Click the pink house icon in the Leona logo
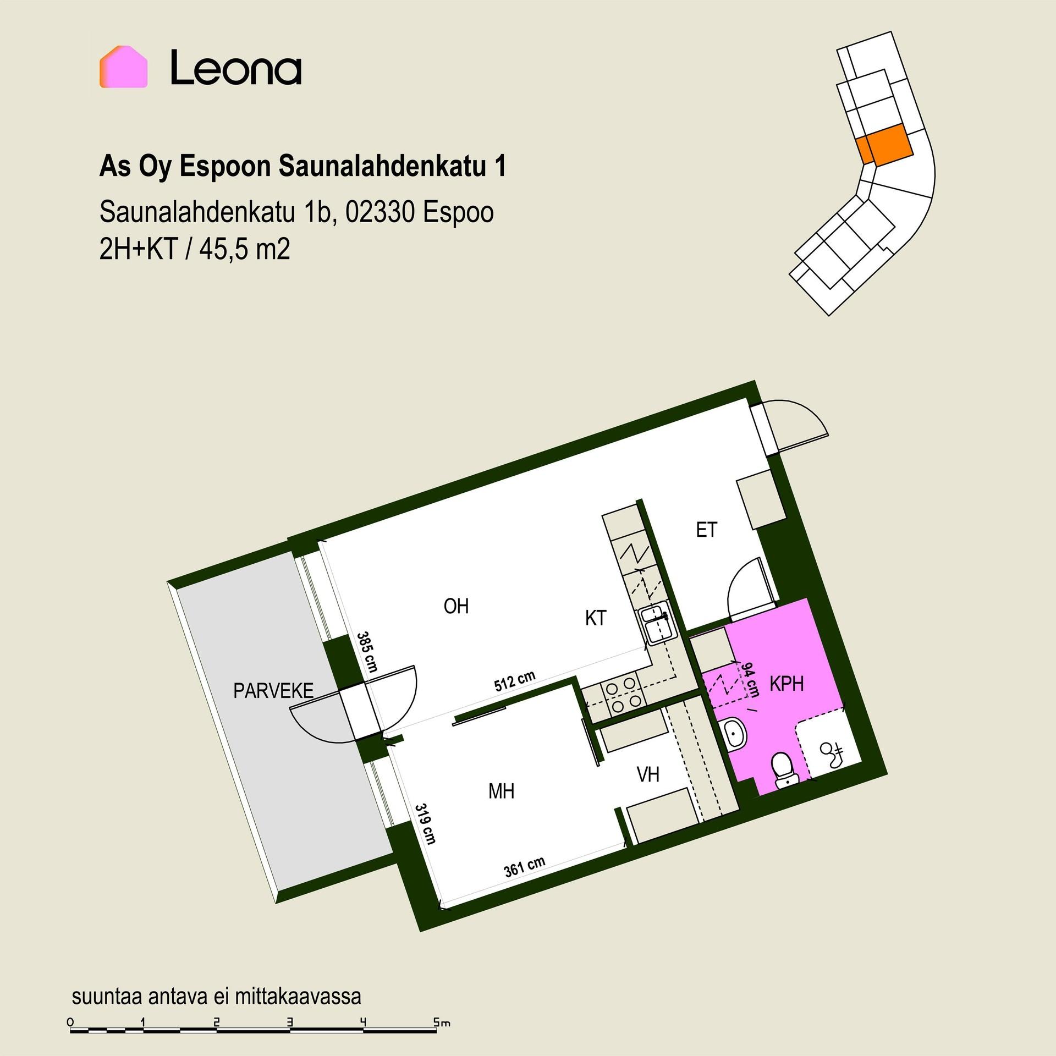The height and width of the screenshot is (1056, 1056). (124, 67)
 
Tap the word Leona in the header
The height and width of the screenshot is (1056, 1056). (236, 68)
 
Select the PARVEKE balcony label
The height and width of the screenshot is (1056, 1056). (273, 691)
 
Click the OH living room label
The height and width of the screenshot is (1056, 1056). (456, 606)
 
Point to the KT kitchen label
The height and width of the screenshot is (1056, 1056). (595, 618)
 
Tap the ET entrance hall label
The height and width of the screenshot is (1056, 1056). (707, 530)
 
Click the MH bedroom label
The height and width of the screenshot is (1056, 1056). (501, 791)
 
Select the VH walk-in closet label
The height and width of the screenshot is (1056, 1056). (648, 775)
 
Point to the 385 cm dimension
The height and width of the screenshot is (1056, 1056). (366, 652)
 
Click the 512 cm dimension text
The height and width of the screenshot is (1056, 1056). (514, 683)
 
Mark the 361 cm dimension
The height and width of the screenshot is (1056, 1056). (524, 868)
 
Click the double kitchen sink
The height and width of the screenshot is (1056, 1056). (656, 625)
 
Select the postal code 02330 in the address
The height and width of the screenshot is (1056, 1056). (380, 213)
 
